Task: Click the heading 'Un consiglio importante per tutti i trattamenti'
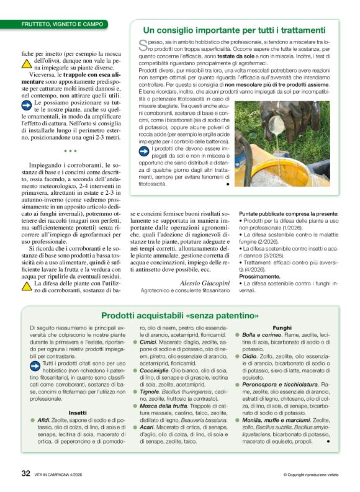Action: [x=234, y=30]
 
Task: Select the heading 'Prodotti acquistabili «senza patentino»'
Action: [x=180, y=315]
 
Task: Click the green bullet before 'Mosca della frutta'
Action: [x=143, y=405]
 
